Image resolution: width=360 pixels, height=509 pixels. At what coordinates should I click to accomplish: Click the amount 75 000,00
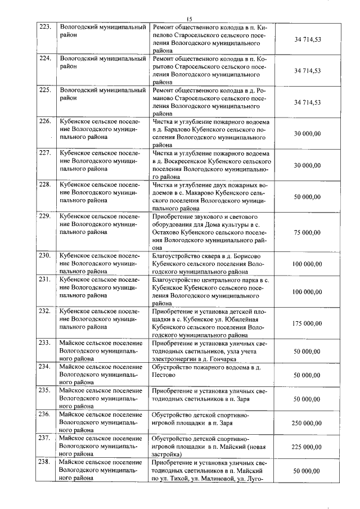click(x=307, y=232)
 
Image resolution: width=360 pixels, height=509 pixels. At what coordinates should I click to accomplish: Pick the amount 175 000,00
click(x=307, y=323)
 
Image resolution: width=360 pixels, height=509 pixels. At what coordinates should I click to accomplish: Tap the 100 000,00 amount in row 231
click(x=307, y=292)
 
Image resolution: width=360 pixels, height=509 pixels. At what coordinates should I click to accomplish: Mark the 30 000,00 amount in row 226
click(x=307, y=133)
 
